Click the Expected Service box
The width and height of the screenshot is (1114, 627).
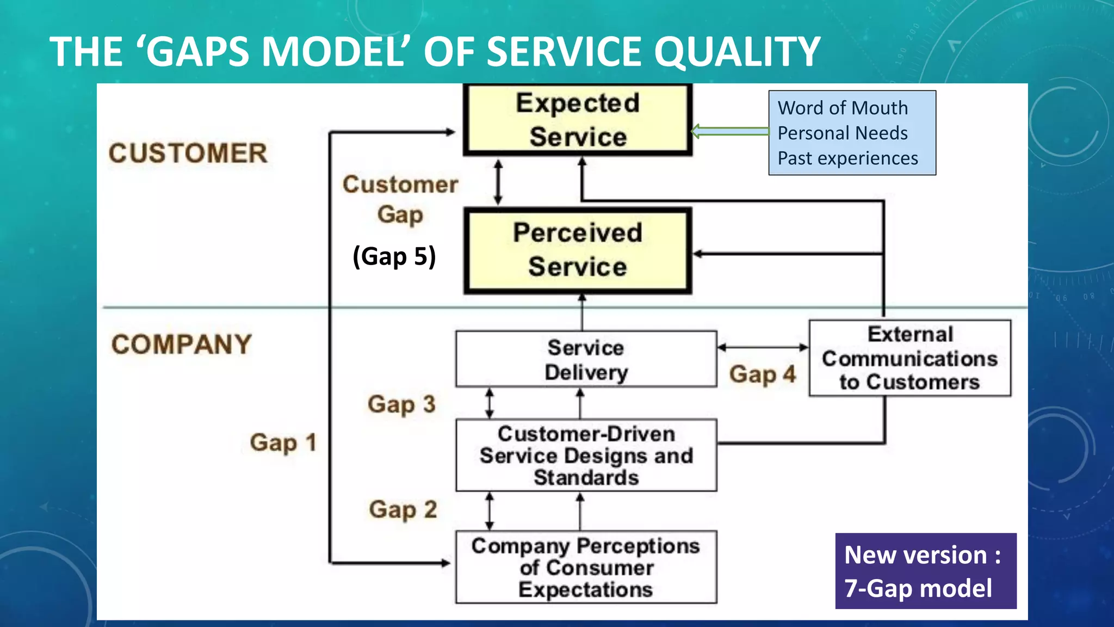[577, 120]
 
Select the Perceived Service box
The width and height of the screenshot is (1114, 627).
[577, 250]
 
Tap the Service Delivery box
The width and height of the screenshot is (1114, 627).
[586, 359]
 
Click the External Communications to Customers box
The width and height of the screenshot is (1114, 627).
[909, 358]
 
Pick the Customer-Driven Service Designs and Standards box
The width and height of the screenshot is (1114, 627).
[586, 456]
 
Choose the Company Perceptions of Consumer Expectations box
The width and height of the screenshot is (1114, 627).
[586, 567]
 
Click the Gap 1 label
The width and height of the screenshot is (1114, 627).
[283, 442]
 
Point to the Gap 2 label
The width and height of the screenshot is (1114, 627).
[403, 510]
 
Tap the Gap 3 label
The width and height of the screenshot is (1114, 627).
[401, 404]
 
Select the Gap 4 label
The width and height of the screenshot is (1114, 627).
[762, 374]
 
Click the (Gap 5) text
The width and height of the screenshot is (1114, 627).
[394, 256]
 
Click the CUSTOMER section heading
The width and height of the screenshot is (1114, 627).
[188, 153]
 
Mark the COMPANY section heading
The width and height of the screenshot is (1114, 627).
[181, 345]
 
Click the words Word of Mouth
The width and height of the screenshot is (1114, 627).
[843, 108]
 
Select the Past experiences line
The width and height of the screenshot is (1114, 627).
[847, 158]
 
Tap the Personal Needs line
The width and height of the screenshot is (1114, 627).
[843, 133]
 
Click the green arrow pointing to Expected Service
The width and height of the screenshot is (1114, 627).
[730, 131]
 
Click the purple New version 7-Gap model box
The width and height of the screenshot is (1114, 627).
[925, 571]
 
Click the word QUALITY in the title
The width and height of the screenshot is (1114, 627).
[737, 52]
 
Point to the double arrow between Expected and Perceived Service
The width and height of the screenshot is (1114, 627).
[498, 182]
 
